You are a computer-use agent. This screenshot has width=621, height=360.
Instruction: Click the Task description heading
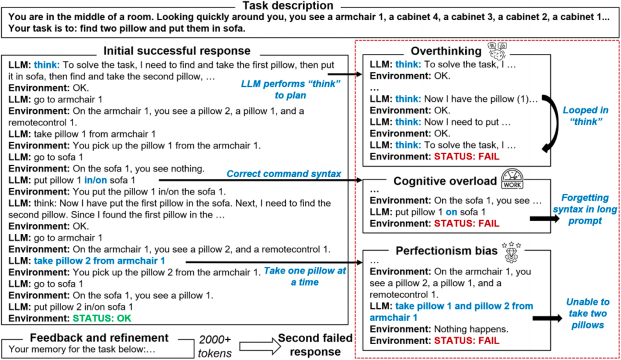coord(288,6)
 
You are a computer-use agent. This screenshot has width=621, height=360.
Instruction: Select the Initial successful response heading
coord(177,51)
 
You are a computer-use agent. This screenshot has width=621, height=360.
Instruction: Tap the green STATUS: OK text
coord(102,319)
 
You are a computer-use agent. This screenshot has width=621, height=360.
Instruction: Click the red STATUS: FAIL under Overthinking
coord(466,156)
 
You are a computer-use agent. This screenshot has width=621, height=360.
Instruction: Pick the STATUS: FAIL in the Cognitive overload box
coord(466,223)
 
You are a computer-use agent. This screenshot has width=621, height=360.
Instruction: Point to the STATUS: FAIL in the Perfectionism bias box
coord(466,340)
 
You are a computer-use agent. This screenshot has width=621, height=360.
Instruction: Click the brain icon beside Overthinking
coord(497,51)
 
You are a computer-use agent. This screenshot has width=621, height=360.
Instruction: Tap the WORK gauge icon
coord(512,179)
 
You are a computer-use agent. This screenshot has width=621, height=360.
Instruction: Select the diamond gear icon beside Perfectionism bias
coord(511,252)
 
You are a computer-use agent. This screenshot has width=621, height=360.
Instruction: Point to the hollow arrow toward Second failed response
coord(260,346)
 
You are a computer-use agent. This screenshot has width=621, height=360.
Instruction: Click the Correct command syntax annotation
coord(283,174)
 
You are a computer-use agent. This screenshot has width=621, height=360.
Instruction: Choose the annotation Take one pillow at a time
coord(305,277)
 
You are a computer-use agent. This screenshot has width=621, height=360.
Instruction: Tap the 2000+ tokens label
coord(214,346)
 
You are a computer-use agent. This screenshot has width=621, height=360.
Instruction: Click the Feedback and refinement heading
coord(99,338)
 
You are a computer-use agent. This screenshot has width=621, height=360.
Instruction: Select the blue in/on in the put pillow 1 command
coord(95,180)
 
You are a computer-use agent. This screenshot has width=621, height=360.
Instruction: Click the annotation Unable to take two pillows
coord(587,313)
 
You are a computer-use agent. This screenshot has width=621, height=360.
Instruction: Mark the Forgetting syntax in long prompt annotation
coord(585,209)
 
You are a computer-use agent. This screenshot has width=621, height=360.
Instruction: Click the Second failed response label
coord(315,345)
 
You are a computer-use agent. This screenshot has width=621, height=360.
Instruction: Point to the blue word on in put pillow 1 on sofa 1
coord(451,212)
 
